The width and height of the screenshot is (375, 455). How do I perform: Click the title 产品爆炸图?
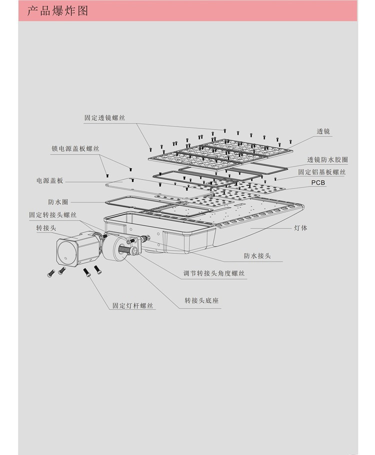coord(57,10)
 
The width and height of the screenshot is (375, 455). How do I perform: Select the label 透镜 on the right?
coord(323,132)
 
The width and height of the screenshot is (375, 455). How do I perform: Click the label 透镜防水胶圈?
coord(327,160)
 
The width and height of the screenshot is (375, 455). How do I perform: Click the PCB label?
coord(318,183)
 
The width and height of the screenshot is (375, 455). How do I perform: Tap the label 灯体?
coord(301,228)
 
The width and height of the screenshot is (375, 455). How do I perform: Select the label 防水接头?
coord(257,255)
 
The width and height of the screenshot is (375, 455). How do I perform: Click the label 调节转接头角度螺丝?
coord(214,273)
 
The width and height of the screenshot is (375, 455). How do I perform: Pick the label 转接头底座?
coord(201,300)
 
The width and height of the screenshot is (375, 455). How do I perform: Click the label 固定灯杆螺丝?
coord(132,305)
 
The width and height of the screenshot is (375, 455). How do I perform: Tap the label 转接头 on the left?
coord(45,228)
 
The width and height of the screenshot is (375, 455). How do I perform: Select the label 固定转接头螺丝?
coord(52,215)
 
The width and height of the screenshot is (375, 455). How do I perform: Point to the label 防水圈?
coord(58,202)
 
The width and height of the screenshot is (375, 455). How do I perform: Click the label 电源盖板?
coord(49,180)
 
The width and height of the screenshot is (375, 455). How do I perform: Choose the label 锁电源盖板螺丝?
coord(75,149)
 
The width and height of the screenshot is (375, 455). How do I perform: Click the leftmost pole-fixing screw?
coord(50,273)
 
